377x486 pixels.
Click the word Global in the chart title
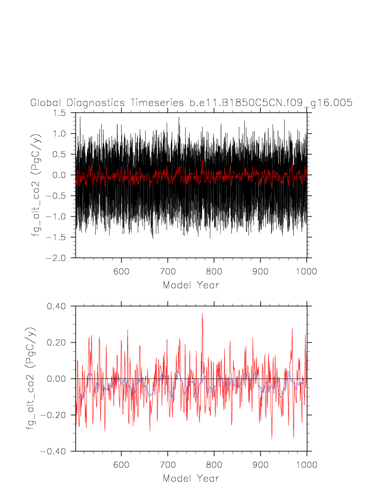click(x=45, y=103)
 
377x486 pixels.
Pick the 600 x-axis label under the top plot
click(x=121, y=272)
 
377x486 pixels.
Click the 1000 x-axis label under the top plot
click(x=307, y=272)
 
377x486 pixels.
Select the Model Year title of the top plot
click(x=191, y=284)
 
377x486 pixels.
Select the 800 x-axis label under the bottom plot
click(x=214, y=465)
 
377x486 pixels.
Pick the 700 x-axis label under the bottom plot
click(x=168, y=465)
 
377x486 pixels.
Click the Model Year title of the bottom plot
click(x=191, y=478)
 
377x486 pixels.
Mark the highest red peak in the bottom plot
click(x=202, y=314)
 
